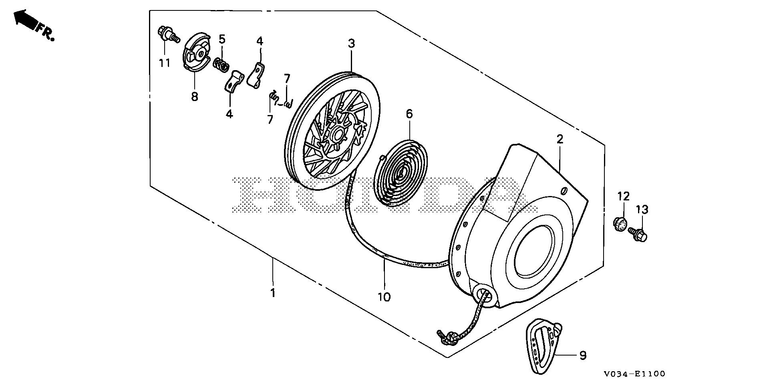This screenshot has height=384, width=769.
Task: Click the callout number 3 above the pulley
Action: [351, 43]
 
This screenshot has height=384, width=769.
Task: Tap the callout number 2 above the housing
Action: [560, 139]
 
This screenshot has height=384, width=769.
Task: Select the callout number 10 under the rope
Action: [384, 297]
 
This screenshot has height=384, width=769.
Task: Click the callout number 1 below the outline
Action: [273, 293]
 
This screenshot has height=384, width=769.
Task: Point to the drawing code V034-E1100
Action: [635, 374]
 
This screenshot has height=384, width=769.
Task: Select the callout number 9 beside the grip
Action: [582, 355]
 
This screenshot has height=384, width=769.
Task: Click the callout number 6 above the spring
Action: [409, 114]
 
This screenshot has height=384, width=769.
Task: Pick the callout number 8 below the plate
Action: [195, 97]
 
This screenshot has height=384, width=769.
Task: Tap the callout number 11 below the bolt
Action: [165, 63]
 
